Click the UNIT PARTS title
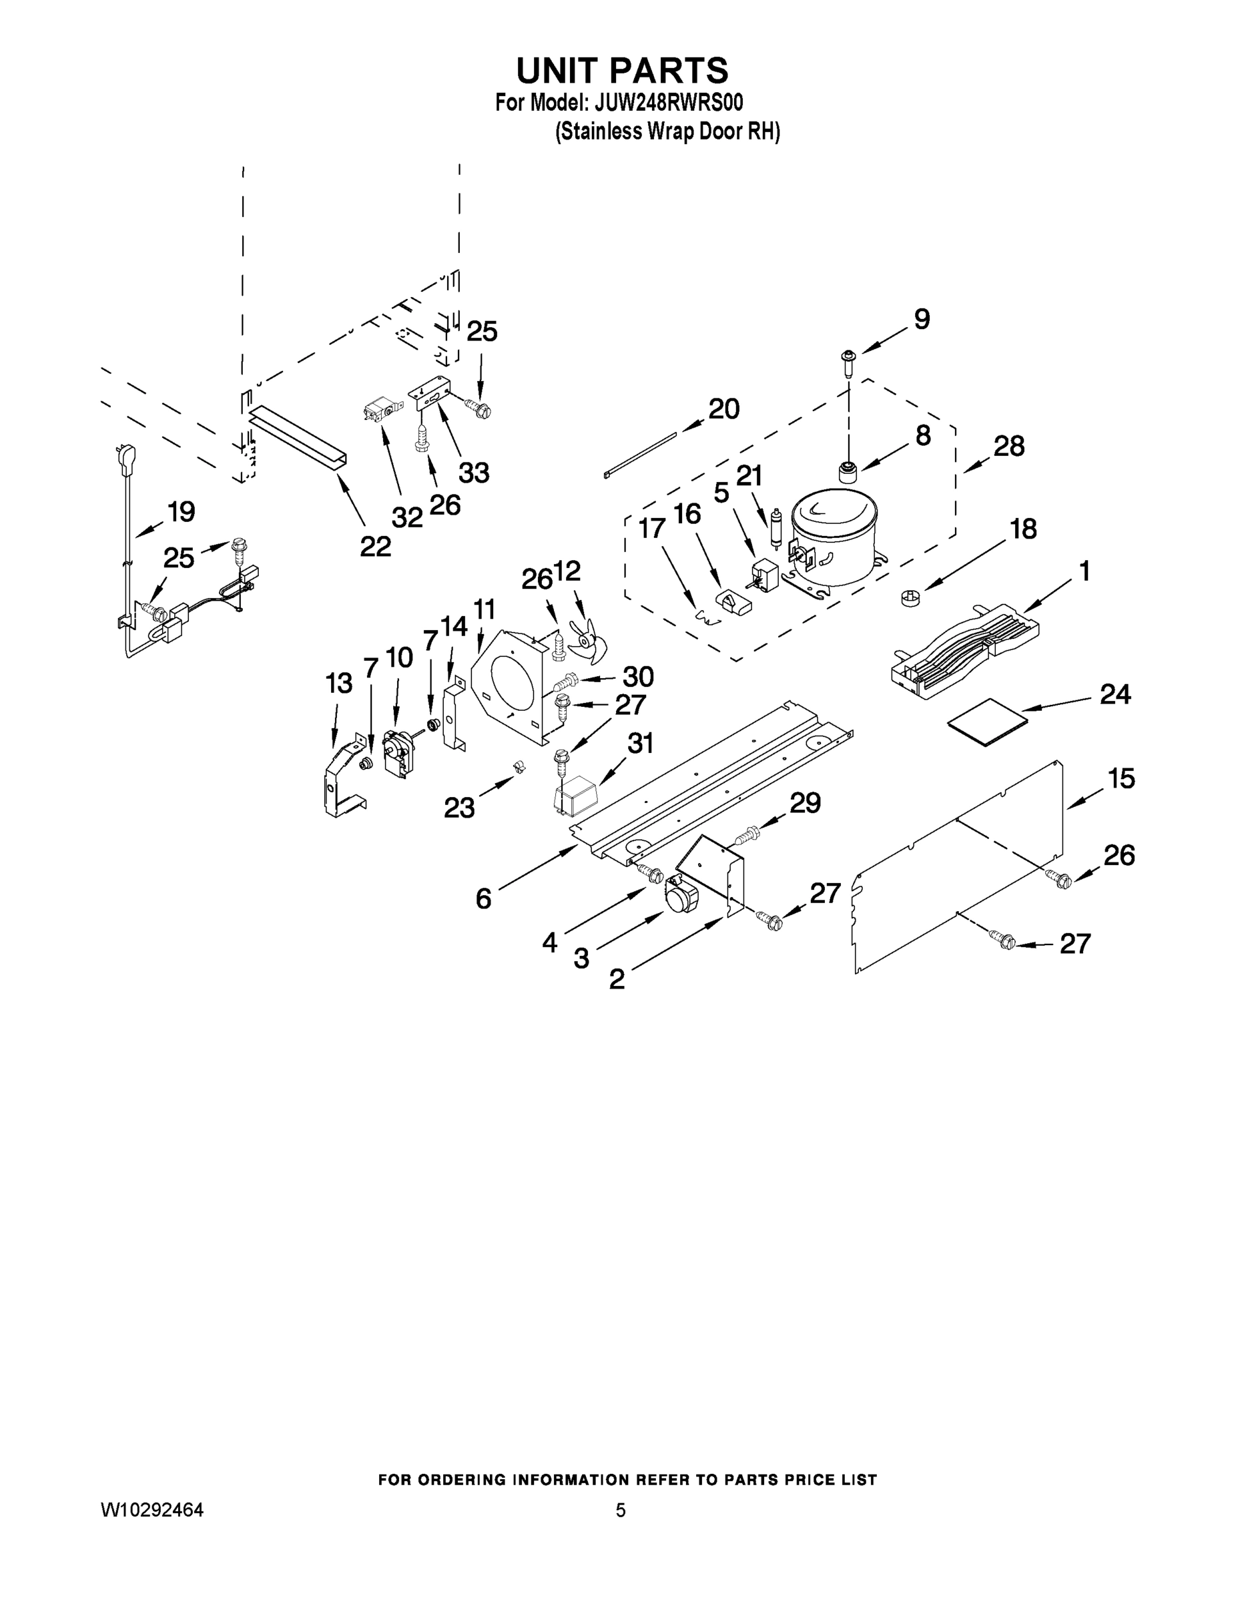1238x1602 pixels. tap(622, 70)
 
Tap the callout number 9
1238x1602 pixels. tap(921, 319)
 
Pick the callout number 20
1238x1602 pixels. tap(723, 409)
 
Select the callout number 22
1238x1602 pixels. tap(375, 547)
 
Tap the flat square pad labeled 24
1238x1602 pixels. tap(988, 721)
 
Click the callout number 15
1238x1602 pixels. tap(1121, 778)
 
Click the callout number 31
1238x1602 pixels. tap(639, 744)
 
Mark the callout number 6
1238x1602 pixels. tap(483, 898)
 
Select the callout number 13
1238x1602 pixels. tap(339, 684)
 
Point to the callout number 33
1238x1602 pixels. tap(474, 473)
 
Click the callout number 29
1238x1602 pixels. tap(805, 803)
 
